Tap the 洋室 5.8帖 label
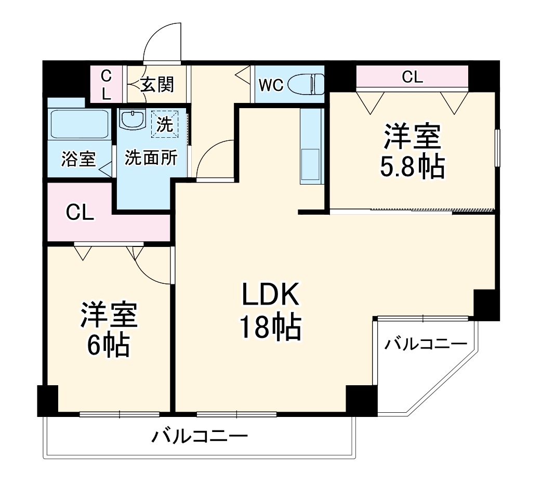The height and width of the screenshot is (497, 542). (413, 151)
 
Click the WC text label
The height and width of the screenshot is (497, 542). (271, 85)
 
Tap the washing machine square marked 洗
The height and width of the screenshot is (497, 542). (164, 125)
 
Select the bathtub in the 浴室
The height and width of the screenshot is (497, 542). (80, 124)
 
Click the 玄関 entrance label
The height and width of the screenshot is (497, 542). (157, 84)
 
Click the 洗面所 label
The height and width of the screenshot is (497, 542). (151, 158)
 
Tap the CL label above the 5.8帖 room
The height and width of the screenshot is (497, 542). (413, 77)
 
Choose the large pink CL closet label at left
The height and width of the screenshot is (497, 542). (80, 213)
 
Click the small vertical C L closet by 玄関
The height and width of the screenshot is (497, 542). (106, 85)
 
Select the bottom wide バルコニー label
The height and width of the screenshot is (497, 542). (199, 435)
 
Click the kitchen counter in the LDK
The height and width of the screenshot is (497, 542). (312, 146)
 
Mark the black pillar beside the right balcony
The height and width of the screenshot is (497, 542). (486, 305)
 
